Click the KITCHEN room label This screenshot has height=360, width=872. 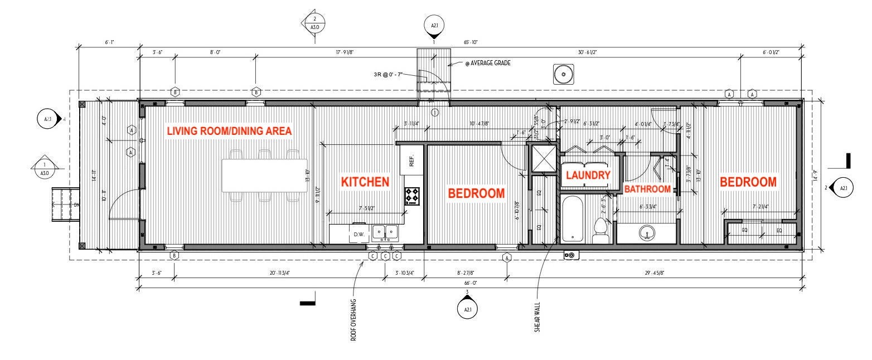(365, 182)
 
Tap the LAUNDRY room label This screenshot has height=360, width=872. (588, 175)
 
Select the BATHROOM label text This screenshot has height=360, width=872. (647, 189)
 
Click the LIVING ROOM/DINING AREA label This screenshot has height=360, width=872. (230, 131)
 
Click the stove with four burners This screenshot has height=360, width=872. (412, 196)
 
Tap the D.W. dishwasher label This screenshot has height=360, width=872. (359, 235)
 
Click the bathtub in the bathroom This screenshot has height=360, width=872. (573, 218)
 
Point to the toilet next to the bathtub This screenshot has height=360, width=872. (600, 231)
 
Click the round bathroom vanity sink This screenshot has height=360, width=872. (646, 232)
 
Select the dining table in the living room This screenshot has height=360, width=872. (264, 176)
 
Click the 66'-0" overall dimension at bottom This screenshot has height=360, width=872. (469, 283)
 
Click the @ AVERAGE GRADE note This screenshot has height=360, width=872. (488, 63)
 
